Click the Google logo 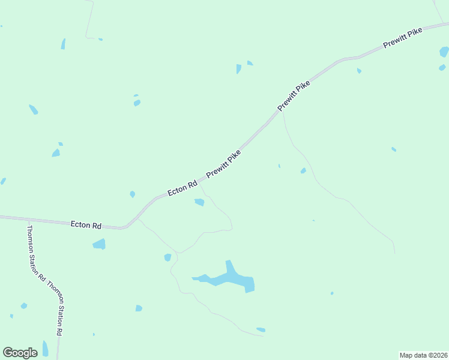20,353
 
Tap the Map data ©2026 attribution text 423,355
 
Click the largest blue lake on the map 231,278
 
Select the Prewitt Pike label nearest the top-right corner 403,39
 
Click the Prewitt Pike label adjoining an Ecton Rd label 224,163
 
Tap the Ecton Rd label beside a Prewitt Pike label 182,188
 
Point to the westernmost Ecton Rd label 86,224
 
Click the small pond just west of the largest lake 167,257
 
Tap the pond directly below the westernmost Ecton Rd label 99,244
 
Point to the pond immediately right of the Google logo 45,349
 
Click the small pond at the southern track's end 261,329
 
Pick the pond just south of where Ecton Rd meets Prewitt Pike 199,202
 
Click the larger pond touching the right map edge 444,52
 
